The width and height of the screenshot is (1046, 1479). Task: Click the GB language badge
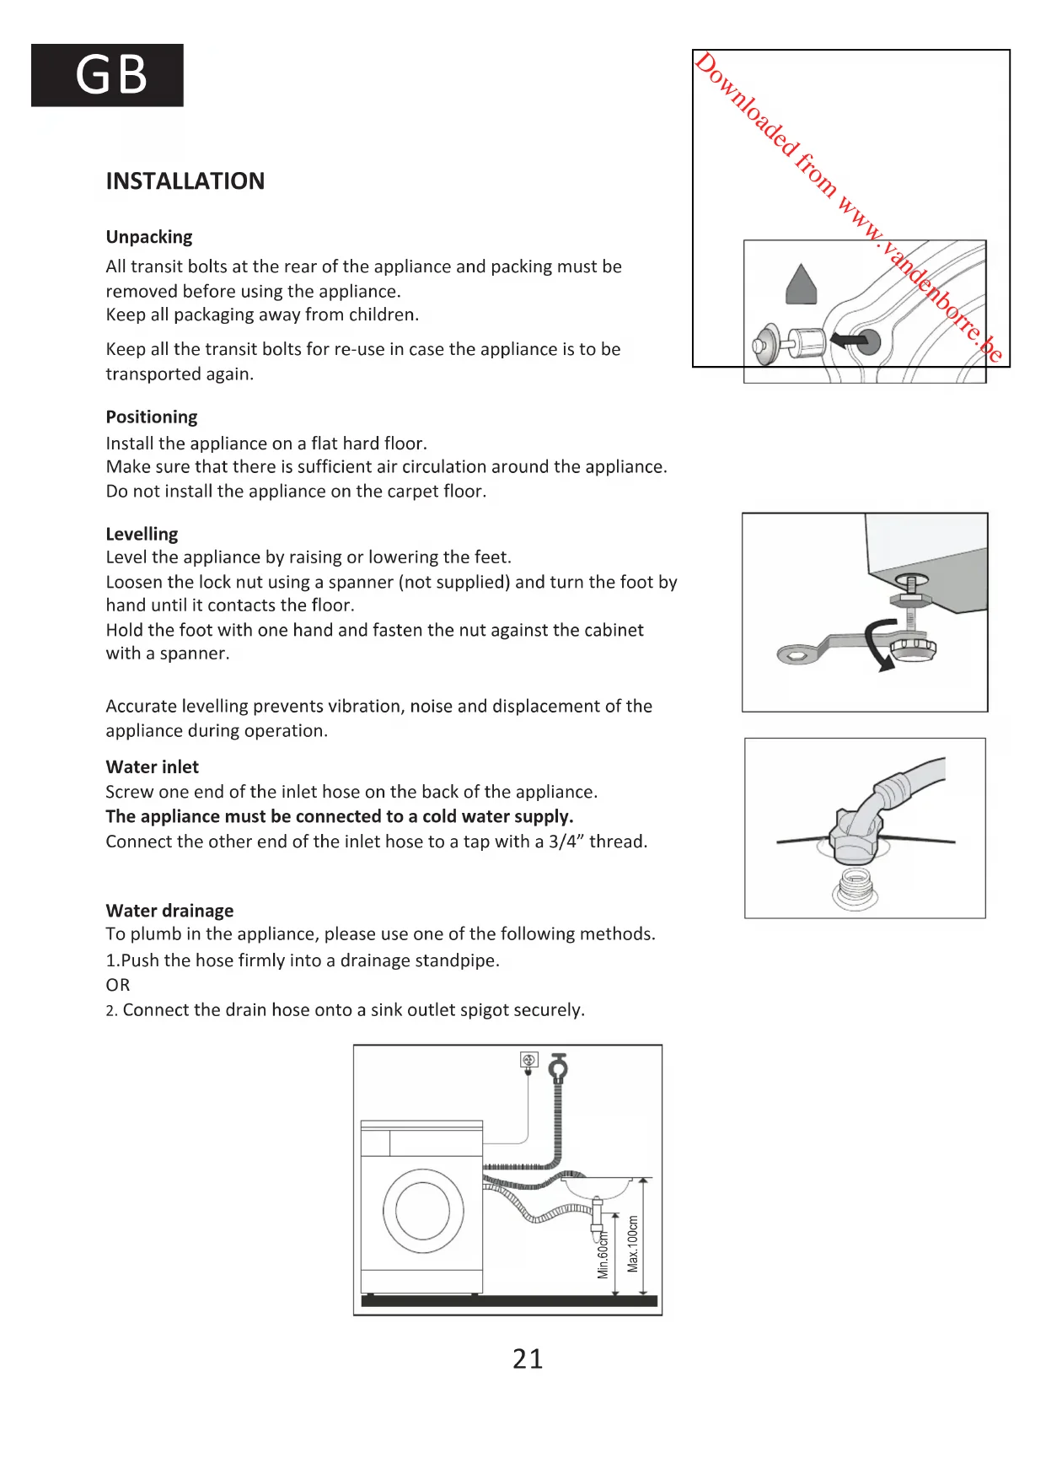(x=107, y=75)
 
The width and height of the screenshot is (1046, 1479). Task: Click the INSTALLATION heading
(x=185, y=181)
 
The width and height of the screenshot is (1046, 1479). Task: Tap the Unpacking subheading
(x=149, y=237)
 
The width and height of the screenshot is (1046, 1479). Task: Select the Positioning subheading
(x=152, y=417)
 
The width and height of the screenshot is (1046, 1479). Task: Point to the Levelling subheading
(x=142, y=534)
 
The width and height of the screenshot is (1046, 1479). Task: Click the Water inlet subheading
(x=153, y=766)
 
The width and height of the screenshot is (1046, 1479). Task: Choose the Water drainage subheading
(x=169, y=911)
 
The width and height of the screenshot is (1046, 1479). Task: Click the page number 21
(x=528, y=1358)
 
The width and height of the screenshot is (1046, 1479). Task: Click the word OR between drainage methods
(x=118, y=985)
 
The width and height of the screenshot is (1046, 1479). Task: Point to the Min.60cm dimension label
(x=603, y=1256)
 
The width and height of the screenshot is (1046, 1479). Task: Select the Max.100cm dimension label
(x=633, y=1244)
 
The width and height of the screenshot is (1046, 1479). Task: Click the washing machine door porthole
(x=423, y=1211)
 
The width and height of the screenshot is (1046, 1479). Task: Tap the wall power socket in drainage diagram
(x=529, y=1060)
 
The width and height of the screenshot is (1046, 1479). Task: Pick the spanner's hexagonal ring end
(x=796, y=654)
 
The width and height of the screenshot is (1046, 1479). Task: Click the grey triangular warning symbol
(x=802, y=284)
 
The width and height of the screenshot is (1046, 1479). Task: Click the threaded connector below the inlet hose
(x=856, y=889)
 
